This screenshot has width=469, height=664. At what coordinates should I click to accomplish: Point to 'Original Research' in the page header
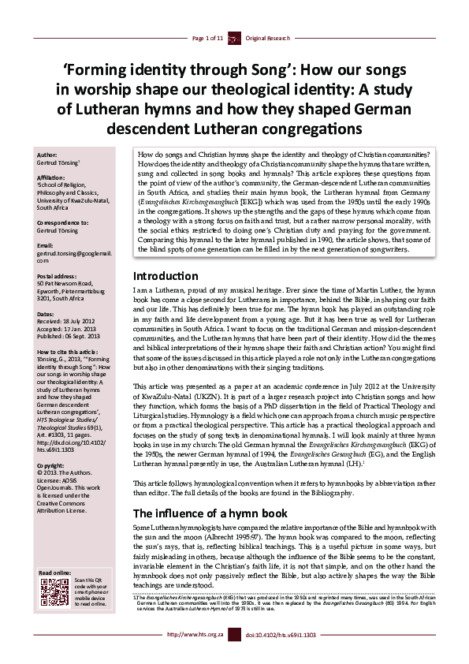pos(268,38)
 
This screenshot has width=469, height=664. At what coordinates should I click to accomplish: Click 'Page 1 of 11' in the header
pos(208,38)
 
